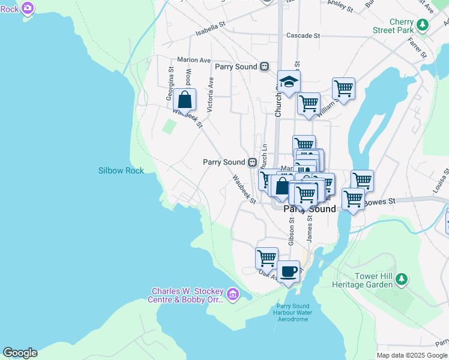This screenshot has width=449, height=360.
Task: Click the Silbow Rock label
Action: (121, 171)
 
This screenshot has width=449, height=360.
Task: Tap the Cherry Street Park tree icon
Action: (424, 25)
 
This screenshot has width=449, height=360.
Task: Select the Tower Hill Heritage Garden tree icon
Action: (402, 279)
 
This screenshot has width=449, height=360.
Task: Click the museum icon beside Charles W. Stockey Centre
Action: (233, 295)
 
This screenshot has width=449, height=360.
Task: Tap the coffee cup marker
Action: (288, 271)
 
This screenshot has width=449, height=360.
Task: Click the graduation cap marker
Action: (289, 82)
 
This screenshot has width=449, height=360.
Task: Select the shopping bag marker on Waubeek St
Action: (185, 100)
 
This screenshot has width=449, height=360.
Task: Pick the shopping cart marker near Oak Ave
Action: (267, 258)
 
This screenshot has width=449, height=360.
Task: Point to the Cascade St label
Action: (303, 35)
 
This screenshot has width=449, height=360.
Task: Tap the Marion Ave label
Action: (194, 60)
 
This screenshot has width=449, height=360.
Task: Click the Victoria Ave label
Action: (210, 94)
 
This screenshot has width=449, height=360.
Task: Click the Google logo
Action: (20, 353)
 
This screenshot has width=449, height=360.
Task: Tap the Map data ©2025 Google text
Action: (412, 355)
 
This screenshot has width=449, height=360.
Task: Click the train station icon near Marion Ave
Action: (264, 67)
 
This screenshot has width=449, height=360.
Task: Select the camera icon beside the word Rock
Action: (27, 8)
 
